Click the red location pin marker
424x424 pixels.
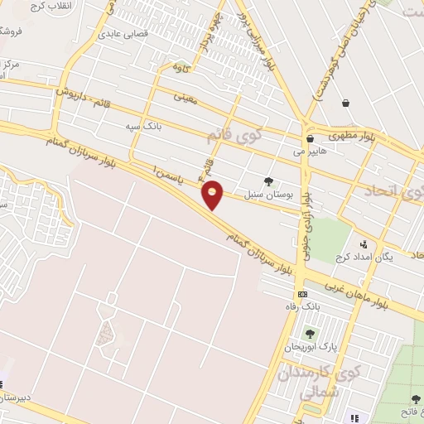[213, 195]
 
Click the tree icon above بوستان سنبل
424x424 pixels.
[267, 181]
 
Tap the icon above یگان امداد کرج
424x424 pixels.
[363, 244]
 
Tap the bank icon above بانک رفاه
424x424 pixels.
[303, 294]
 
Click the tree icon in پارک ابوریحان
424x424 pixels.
[310, 334]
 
